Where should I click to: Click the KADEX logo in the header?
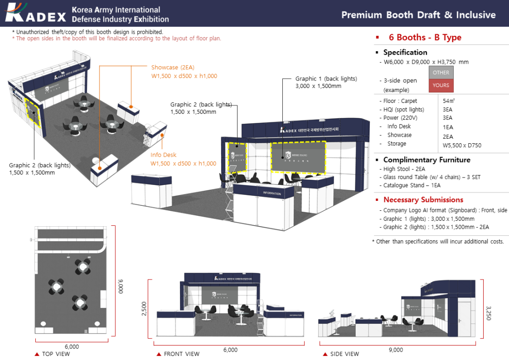tap(36, 14)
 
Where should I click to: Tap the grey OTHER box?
tap(440, 73)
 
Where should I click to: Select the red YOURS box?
tap(440, 86)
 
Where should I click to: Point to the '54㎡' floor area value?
tap(449, 101)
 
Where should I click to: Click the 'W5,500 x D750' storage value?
tap(462, 146)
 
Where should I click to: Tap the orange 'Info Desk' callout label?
tap(164, 155)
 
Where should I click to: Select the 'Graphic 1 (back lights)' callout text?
tap(326, 79)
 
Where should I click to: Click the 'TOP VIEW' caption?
tap(56, 354)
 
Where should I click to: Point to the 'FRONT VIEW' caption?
tap(181, 354)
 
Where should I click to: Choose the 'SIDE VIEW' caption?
tap(344, 354)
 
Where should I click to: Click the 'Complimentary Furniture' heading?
tap(426, 160)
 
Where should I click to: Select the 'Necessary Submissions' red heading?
tap(423, 200)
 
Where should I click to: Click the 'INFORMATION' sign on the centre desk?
tap(271, 193)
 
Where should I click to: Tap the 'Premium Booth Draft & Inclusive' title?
tap(418, 15)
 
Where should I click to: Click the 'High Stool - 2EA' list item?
tap(404, 169)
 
